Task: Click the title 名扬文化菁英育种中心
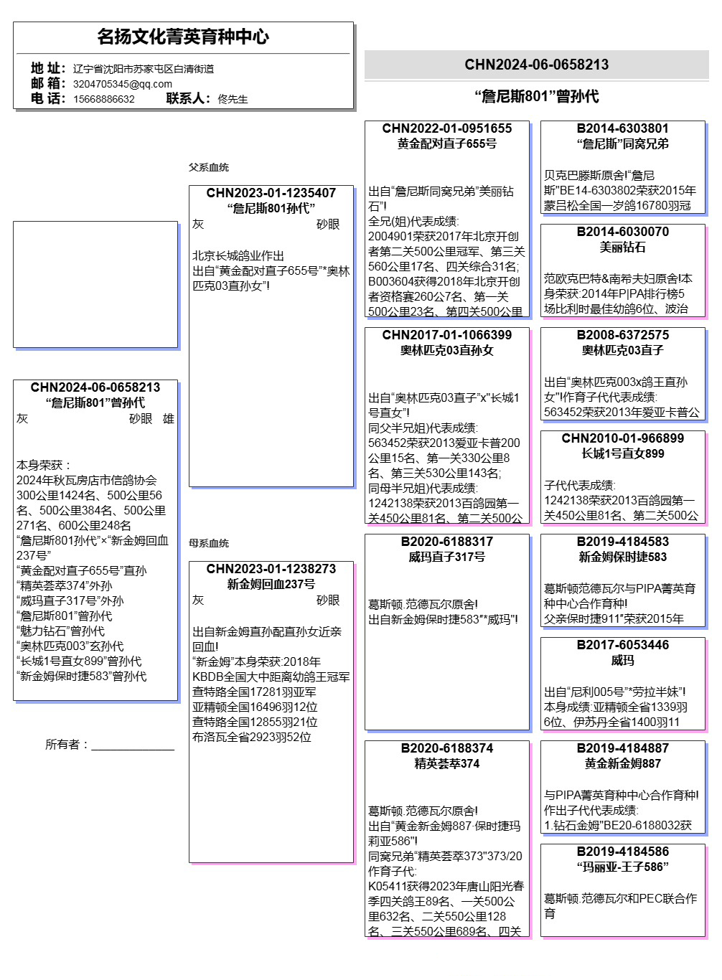pyautogui.click(x=183, y=37)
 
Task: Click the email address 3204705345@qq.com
pyautogui.click(x=122, y=84)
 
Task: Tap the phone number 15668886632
pyautogui.click(x=103, y=99)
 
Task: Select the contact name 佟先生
pyautogui.click(x=233, y=99)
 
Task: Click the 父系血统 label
pyautogui.click(x=208, y=167)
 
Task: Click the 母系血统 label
pyautogui.click(x=208, y=543)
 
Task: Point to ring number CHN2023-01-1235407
pyautogui.click(x=271, y=193)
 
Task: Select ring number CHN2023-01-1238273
pyautogui.click(x=271, y=569)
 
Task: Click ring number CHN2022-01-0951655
pyautogui.click(x=446, y=128)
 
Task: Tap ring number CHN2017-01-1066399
pyautogui.click(x=446, y=335)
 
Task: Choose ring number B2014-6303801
pyautogui.click(x=622, y=128)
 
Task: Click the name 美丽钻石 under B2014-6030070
pyautogui.click(x=622, y=247)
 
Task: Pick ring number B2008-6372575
pyautogui.click(x=622, y=335)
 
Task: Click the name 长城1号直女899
pyautogui.click(x=622, y=453)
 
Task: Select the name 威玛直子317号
pyautogui.click(x=446, y=557)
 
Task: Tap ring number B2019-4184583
pyautogui.click(x=622, y=542)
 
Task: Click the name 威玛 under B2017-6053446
pyautogui.click(x=622, y=660)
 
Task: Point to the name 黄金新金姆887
pyautogui.click(x=622, y=763)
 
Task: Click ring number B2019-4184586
pyautogui.click(x=622, y=852)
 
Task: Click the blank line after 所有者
pyautogui.click(x=133, y=746)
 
